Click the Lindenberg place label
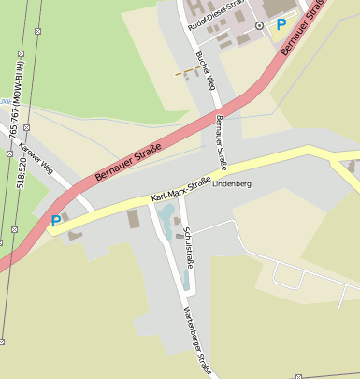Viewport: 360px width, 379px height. [x=233, y=184]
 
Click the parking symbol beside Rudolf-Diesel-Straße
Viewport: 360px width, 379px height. [x=282, y=24]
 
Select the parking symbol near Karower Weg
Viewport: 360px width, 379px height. [x=56, y=221]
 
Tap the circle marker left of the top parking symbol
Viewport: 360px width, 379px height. [x=260, y=25]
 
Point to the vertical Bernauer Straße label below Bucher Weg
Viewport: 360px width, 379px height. [x=222, y=142]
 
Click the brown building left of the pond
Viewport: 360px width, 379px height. [x=133, y=219]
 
